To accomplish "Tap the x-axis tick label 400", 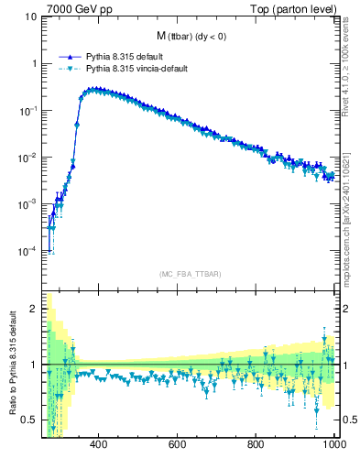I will coord(100,446).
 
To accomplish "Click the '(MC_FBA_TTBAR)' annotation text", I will coord(189,274).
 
